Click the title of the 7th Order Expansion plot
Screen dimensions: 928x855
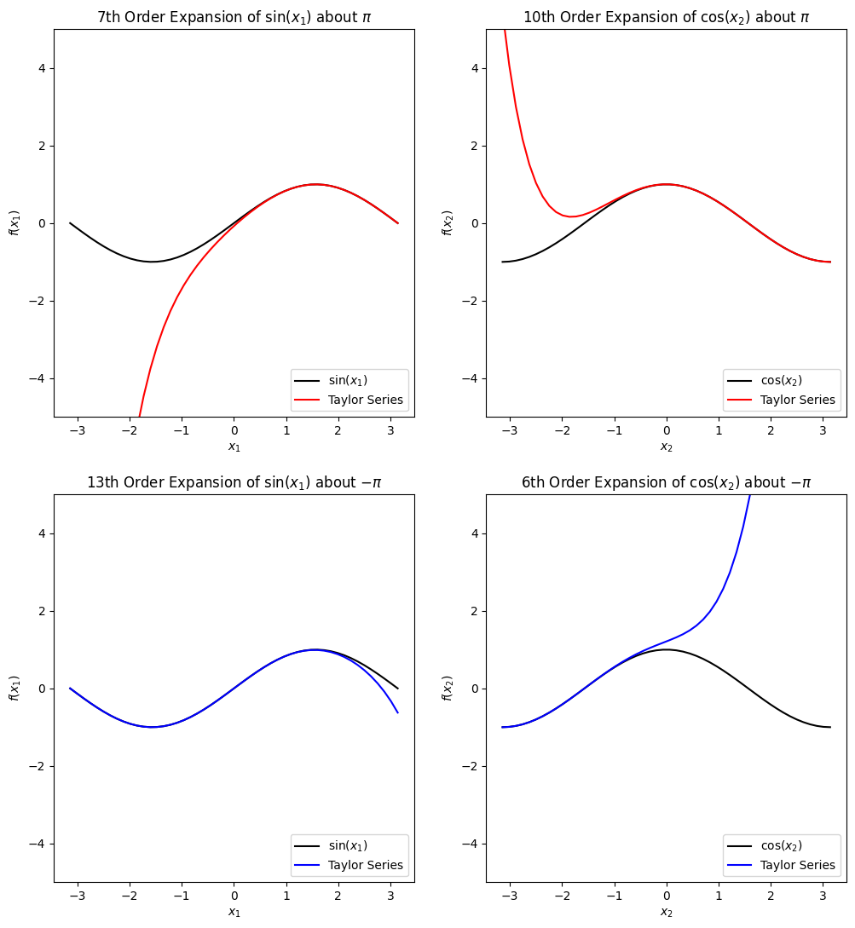pos(234,17)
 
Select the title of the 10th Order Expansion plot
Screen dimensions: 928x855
pos(667,17)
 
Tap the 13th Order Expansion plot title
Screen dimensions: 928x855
pos(234,482)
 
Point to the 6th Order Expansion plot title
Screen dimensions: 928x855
pos(667,482)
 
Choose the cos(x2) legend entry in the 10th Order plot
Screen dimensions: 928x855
pos(781,380)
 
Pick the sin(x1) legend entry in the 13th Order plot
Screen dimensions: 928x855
pos(348,845)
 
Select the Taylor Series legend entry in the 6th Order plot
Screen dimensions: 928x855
pos(797,865)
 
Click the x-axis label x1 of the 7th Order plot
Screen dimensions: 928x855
pos(234,446)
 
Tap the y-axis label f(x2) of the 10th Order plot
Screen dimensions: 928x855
pos(448,223)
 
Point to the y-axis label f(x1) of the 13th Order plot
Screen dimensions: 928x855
pos(14,689)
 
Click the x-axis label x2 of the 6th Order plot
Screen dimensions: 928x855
pos(667,912)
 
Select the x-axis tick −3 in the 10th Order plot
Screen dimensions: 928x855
pos(510,431)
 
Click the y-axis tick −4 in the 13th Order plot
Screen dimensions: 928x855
pos(38,844)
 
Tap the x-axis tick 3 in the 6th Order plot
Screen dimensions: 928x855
pos(823,896)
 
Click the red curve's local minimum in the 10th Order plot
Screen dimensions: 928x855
pos(573,216)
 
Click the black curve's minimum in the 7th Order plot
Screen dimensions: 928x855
pos(153,262)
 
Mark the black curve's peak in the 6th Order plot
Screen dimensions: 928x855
pos(667,649)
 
